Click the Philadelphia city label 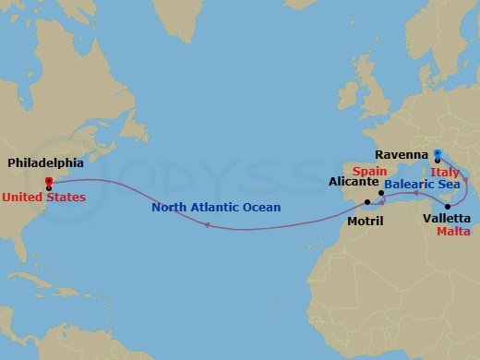tap(45, 162)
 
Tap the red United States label tap(43, 197)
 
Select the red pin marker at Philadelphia tap(48, 181)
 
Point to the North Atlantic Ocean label tap(229, 208)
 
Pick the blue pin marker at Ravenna tap(438, 154)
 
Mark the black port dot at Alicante tap(380, 193)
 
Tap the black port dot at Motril tap(367, 202)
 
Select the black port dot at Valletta tap(448, 206)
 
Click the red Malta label tap(453, 234)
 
